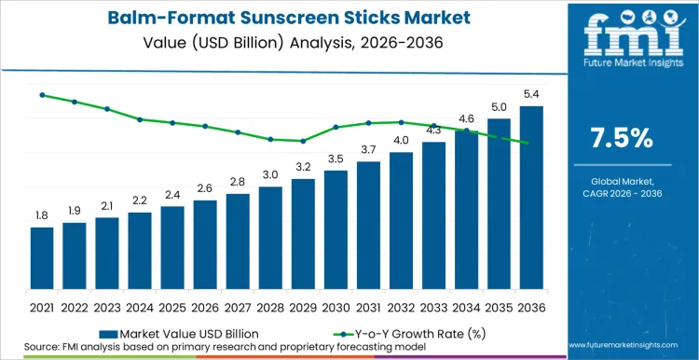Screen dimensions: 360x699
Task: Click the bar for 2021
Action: [42, 259]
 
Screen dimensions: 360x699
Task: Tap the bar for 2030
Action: [336, 231]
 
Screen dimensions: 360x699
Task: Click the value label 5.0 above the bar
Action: [499, 107]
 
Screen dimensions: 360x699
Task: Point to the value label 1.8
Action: [42, 215]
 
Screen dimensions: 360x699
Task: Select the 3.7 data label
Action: [368, 149]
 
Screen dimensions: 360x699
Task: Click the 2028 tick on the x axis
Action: [270, 306]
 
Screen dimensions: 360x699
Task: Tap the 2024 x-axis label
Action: [140, 306]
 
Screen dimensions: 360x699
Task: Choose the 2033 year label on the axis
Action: [433, 306]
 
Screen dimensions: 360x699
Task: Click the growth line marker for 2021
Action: [42, 95]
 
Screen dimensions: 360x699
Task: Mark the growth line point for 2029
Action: [303, 141]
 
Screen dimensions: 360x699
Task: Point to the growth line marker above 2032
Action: [401, 122]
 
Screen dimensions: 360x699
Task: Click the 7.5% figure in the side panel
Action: [622, 138]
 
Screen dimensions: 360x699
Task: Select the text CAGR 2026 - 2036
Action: [622, 194]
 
